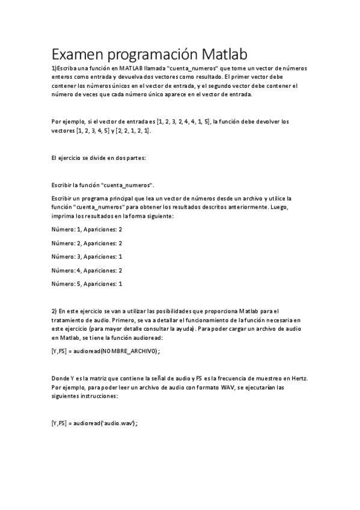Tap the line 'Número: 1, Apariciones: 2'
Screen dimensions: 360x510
pos(87,230)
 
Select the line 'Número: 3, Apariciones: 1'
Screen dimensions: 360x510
pos(87,256)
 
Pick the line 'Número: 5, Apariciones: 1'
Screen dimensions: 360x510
pos(87,283)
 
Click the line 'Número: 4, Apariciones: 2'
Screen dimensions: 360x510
pos(87,270)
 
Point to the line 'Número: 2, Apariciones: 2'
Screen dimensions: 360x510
pos(87,243)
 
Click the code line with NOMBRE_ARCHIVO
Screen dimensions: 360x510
pos(106,351)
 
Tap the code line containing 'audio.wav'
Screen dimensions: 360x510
pos(95,423)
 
